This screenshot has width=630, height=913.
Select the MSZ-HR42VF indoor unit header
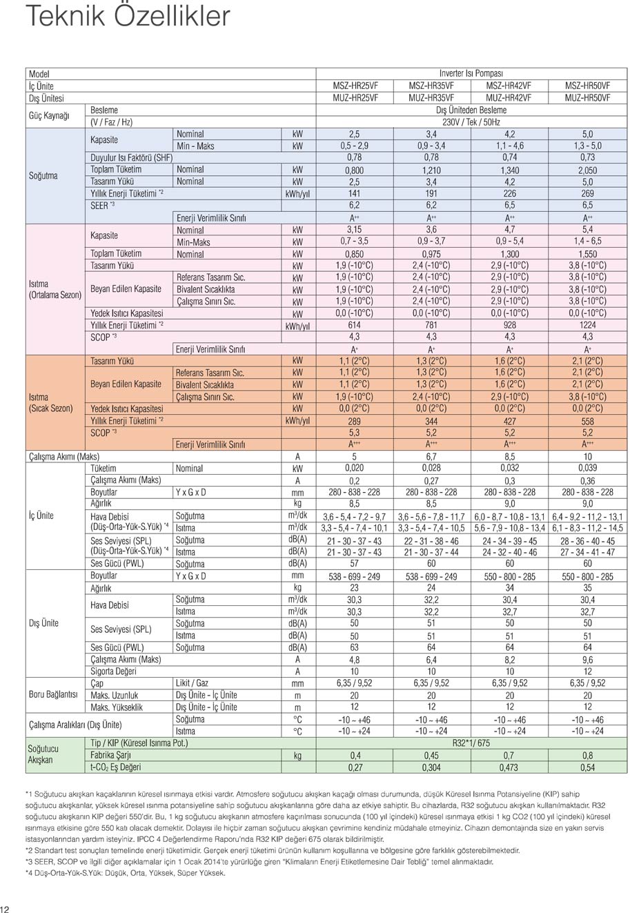tap(509, 86)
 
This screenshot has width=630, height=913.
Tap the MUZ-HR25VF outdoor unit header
tap(355, 98)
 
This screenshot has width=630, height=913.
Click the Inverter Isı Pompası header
tap(471, 74)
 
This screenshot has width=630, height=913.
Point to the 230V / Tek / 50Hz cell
tap(471, 122)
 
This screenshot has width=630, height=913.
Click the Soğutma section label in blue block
tap(43, 175)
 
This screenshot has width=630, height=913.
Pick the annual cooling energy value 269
tap(587, 194)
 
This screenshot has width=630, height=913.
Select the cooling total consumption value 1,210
tap(431, 170)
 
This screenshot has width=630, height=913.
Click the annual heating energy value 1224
tap(587, 325)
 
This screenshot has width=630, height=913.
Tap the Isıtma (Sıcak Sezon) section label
tap(50, 402)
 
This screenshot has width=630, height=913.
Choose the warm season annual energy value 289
tap(355, 420)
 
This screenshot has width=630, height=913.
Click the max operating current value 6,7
tap(431, 457)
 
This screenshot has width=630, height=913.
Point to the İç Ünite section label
tap(41, 516)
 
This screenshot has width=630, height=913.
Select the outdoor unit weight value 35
tap(587, 588)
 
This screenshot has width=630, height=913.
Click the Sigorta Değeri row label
tap(113, 671)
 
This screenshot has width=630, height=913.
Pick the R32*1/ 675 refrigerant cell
tap(471, 743)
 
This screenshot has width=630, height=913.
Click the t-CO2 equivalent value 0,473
tap(509, 767)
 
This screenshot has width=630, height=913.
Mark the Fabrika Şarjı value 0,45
tap(431, 756)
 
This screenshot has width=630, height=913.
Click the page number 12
tap(6, 907)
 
